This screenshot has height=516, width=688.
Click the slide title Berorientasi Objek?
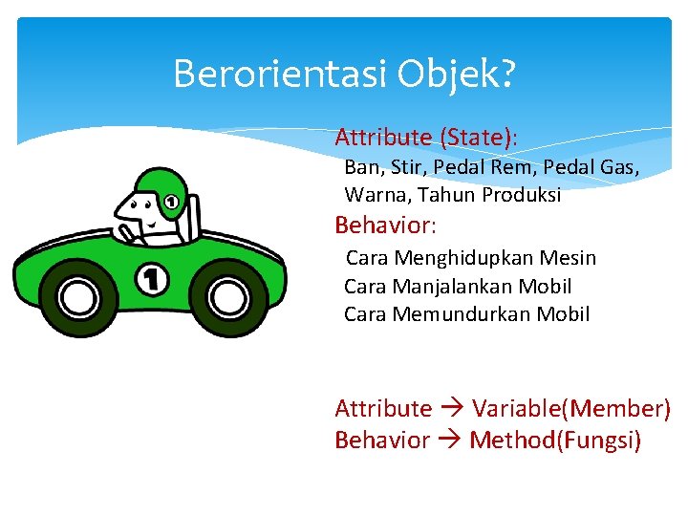pos(344,74)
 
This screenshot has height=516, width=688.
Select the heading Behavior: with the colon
pos(385,226)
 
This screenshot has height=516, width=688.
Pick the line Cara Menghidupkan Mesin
pos(470,258)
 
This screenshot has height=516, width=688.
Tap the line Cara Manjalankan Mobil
pos(458,286)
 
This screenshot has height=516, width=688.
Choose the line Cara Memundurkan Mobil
pos(466,313)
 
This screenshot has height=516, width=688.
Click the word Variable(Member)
pos(571,409)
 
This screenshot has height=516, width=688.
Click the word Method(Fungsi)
pos(555,441)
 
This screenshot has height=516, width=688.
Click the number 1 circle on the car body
pos(152,279)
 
